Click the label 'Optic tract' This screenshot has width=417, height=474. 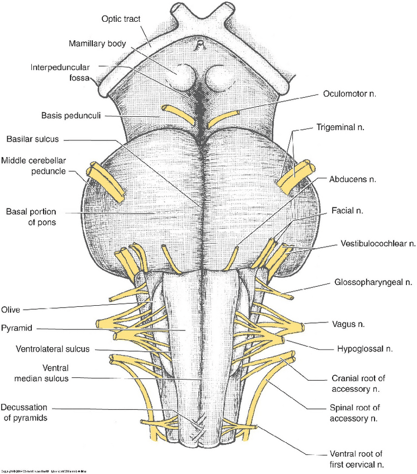[121, 18]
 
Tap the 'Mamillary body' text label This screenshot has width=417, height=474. [99, 43]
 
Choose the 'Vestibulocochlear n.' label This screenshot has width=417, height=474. [378, 244]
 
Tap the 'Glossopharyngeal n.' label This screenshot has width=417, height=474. [374, 283]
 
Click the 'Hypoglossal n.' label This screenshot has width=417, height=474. [364, 348]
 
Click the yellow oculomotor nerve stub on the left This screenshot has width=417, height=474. [171, 111]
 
